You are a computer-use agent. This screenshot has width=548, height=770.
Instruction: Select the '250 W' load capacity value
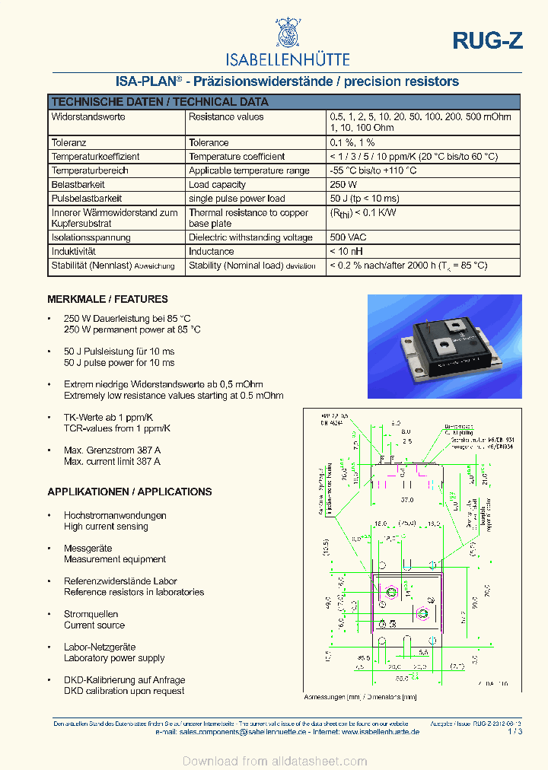pyautogui.click(x=343, y=185)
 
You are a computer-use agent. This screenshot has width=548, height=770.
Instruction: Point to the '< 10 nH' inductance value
pyautogui.click(x=346, y=252)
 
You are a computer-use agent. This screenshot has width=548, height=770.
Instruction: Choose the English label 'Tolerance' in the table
pyautogui.click(x=209, y=142)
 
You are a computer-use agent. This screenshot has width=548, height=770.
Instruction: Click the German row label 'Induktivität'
pyautogui.click(x=73, y=252)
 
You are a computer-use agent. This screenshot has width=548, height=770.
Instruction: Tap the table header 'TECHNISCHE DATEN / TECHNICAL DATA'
pyautogui.click(x=159, y=102)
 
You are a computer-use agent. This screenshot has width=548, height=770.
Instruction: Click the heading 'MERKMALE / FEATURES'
pyautogui.click(x=107, y=299)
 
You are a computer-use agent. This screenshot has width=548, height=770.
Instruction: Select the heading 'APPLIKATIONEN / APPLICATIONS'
pyautogui.click(x=129, y=492)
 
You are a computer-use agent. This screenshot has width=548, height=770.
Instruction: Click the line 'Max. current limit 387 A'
pyautogui.click(x=112, y=462)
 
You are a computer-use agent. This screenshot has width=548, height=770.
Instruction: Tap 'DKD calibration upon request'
pyautogui.click(x=124, y=691)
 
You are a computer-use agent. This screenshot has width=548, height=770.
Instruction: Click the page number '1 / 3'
pyautogui.click(x=514, y=731)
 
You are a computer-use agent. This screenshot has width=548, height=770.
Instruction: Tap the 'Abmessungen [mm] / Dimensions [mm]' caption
pyautogui.click(x=360, y=697)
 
